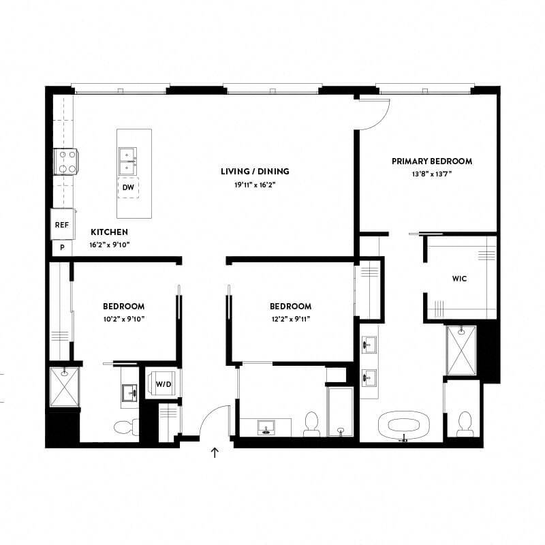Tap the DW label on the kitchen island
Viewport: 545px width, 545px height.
[x=128, y=187]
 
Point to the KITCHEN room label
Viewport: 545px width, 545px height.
[x=109, y=232]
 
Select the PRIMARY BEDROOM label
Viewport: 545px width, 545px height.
[x=432, y=161]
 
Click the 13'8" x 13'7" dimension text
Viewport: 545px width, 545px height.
[x=432, y=174]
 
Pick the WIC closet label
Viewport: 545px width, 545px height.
[x=460, y=279]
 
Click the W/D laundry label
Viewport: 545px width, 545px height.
[x=163, y=385]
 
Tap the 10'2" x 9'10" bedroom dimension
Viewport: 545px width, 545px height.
[x=123, y=318]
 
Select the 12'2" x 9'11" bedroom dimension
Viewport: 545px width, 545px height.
[x=290, y=318]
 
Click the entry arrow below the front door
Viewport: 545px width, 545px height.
[x=215, y=452]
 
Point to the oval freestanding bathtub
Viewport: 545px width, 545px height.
[x=407, y=427]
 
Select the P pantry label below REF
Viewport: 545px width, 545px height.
[x=61, y=248]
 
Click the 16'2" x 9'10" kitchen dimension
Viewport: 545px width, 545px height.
[x=109, y=244]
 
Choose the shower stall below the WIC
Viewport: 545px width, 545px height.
[x=461, y=350]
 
